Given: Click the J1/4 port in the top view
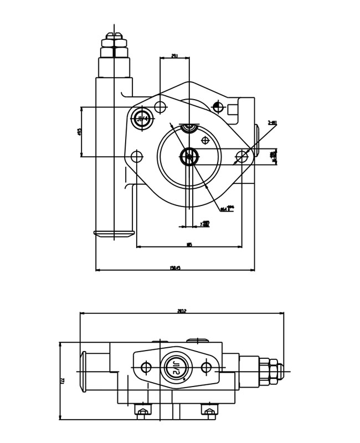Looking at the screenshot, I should [x=142, y=119].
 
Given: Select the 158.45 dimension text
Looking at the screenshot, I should [x=175, y=268].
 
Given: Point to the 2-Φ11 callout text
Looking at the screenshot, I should [x=272, y=123].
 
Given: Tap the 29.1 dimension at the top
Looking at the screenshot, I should [x=174, y=56].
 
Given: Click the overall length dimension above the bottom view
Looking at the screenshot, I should [x=182, y=311].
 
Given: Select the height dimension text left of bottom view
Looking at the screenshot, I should [x=63, y=380].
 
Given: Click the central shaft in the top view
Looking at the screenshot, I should [x=189, y=157].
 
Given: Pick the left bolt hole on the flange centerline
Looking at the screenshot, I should [x=137, y=157].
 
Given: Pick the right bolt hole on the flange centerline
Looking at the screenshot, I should [x=242, y=157].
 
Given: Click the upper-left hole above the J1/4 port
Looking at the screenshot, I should [x=160, y=107].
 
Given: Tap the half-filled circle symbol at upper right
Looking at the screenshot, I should [x=218, y=107].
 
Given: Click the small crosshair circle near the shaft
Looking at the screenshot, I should [x=205, y=140].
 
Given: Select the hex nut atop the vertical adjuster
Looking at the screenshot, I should [x=114, y=43].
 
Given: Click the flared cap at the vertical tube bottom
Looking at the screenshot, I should [x=114, y=234].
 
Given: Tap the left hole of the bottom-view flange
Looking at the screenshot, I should [x=146, y=367].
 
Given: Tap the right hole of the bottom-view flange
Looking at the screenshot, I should [x=207, y=367].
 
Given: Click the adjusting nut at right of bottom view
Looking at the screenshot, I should [x=272, y=372].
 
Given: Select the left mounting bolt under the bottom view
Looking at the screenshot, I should [x=143, y=411].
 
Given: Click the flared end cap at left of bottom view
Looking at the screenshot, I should [x=84, y=372].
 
